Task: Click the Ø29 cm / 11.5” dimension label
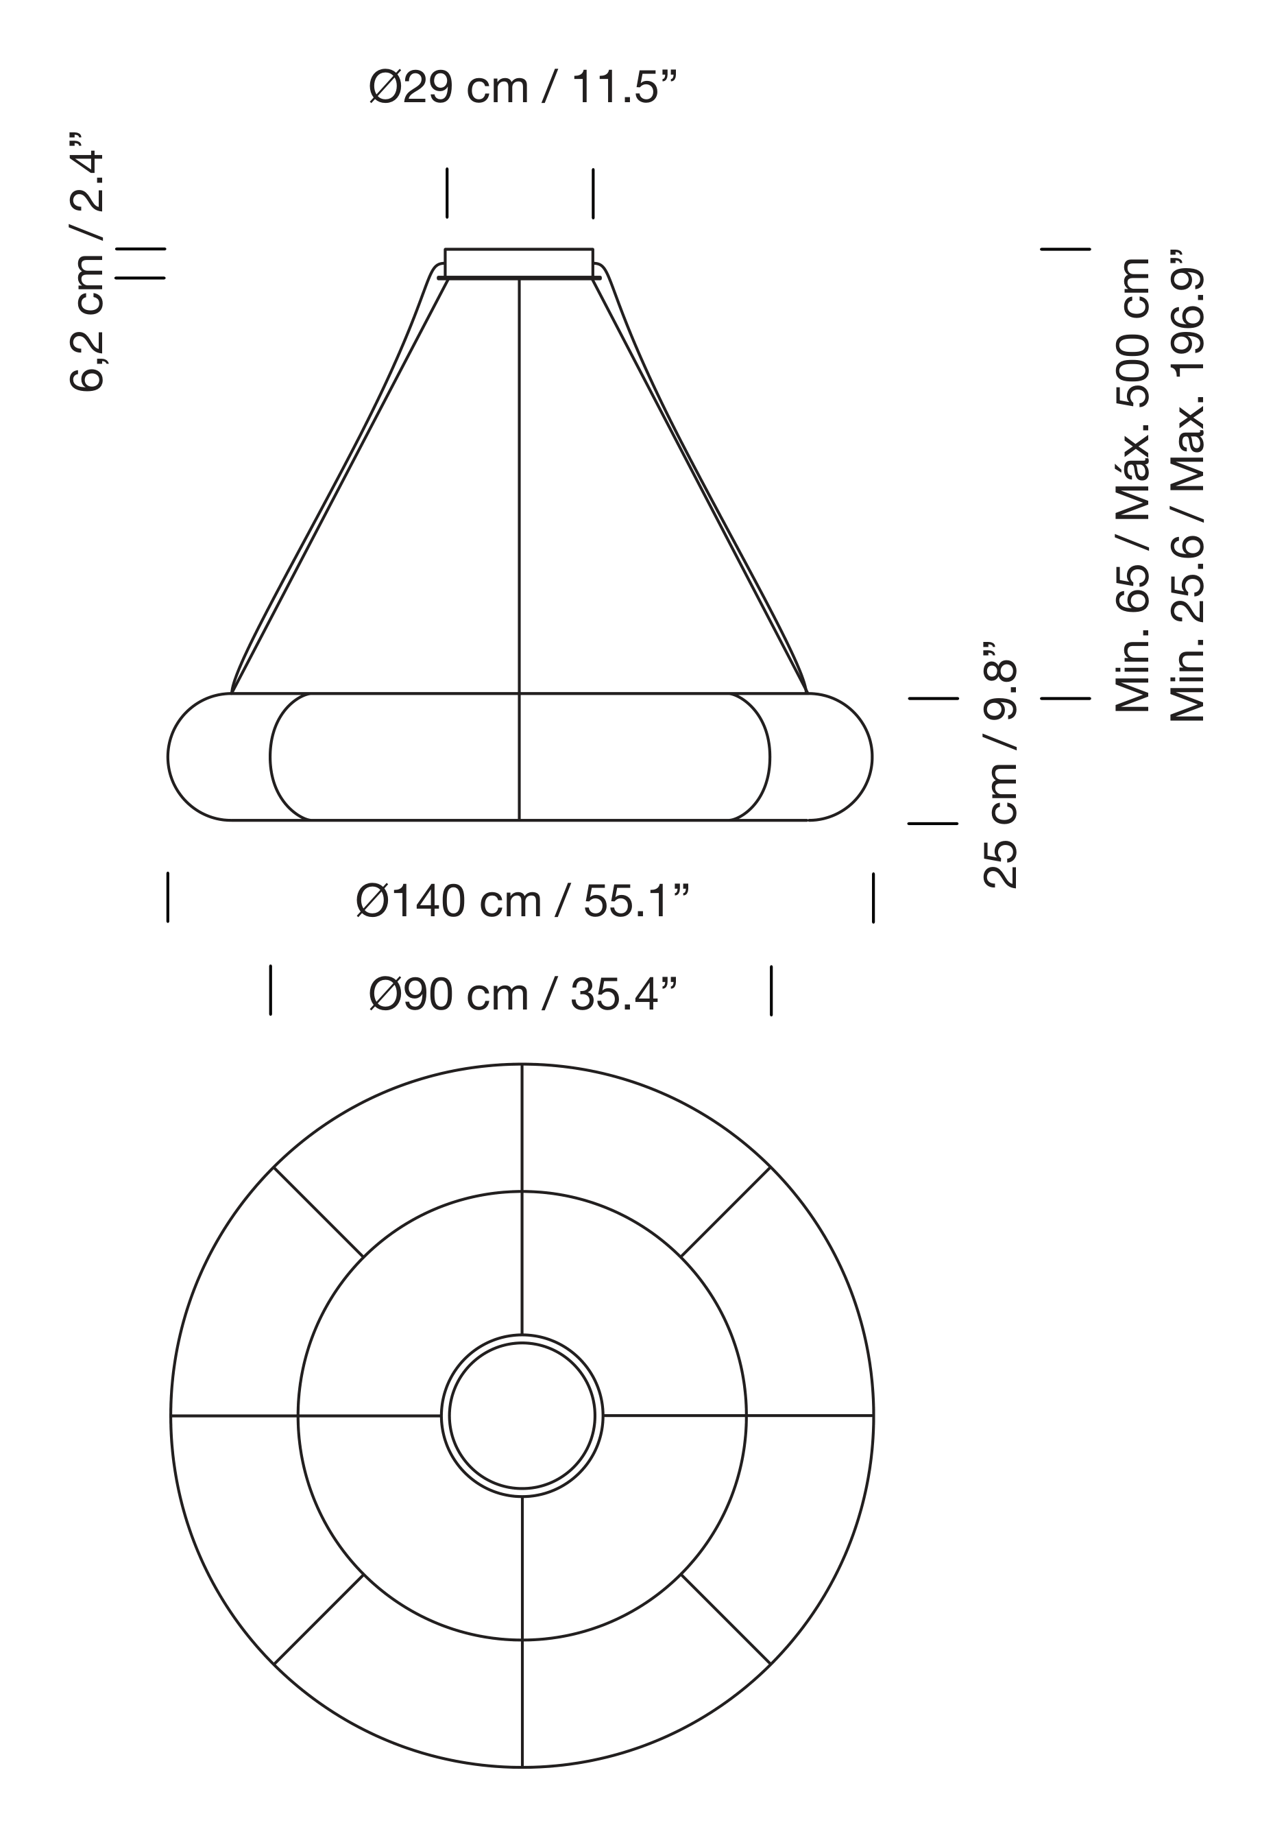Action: [x=522, y=87]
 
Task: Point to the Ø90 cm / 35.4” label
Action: [x=522, y=995]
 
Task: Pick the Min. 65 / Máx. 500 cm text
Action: [x=1132, y=485]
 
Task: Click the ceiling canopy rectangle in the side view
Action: [x=519, y=263]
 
